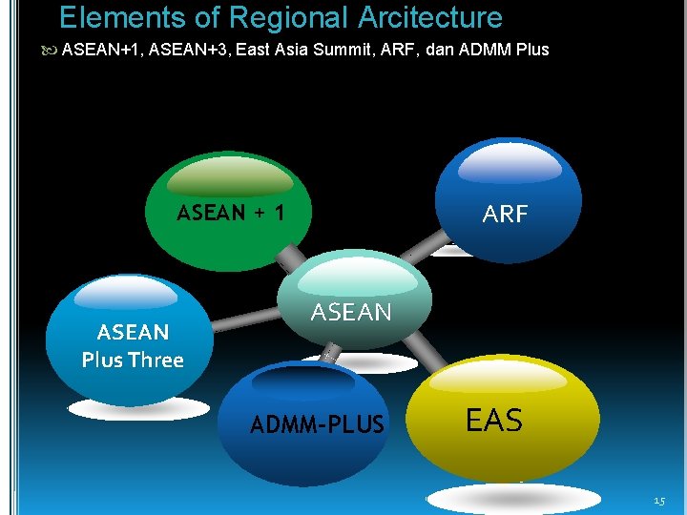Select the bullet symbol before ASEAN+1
coord(52,50)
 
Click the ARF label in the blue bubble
coord(505,215)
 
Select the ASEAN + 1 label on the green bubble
coord(230,213)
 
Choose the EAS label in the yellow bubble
coord(493,421)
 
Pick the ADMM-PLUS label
coord(317,425)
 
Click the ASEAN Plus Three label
coord(133,345)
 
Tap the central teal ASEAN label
coord(351,312)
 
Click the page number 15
coord(659,502)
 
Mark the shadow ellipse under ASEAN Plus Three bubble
coord(139,408)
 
